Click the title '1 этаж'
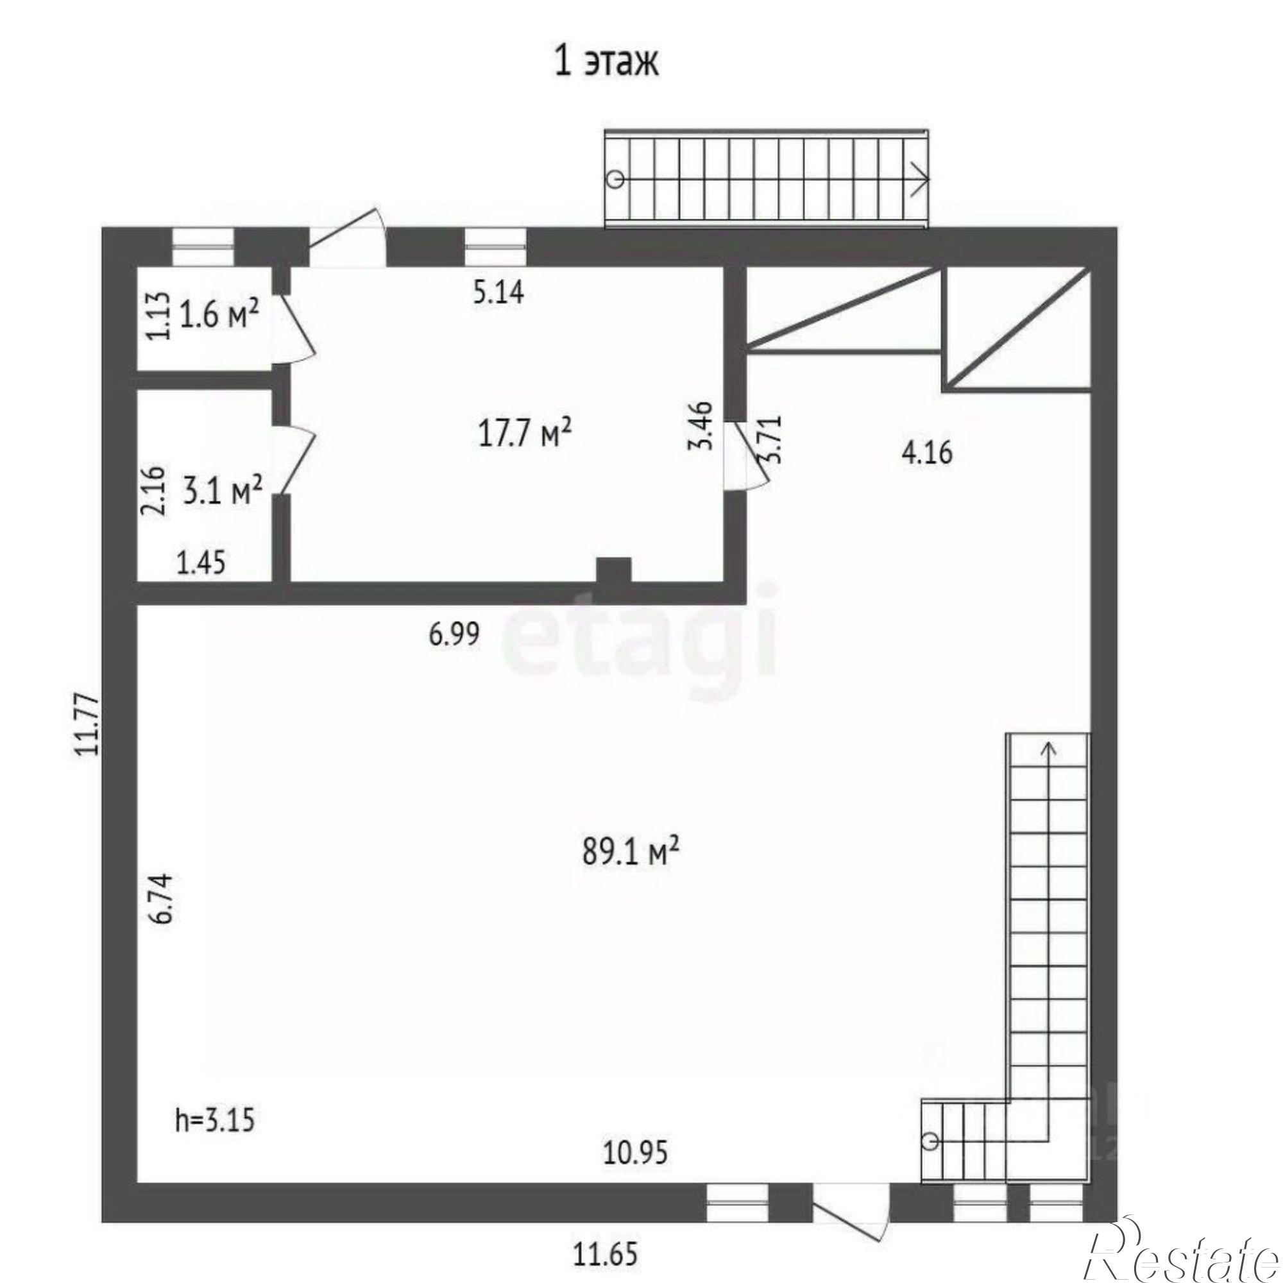[606, 64]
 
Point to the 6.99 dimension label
[454, 635]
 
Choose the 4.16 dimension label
[927, 453]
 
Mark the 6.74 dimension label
[162, 898]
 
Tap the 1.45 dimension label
[201, 564]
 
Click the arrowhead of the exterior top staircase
[922, 180]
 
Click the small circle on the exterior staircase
[616, 180]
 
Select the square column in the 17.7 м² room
[613, 572]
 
